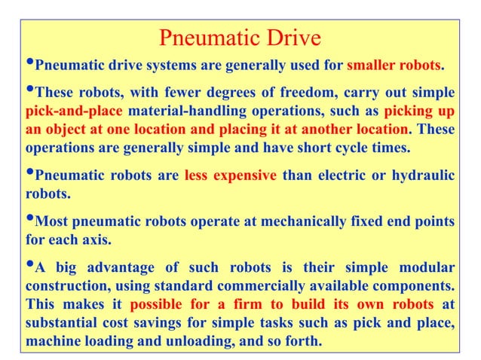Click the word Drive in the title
point(293,38)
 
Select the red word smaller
point(370,65)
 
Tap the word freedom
point(283,93)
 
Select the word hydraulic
point(425,176)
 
